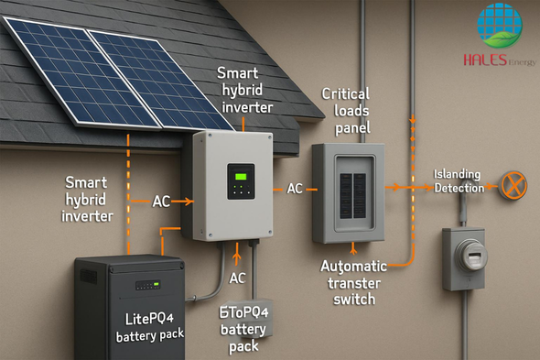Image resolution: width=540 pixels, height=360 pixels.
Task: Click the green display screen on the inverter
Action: pyautogui.click(x=241, y=177)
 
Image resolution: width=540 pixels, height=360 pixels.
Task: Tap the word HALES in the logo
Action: pyautogui.click(x=485, y=60)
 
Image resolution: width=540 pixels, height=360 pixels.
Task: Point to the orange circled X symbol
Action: pyautogui.click(x=513, y=185)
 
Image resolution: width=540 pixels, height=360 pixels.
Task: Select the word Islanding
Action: pyautogui.click(x=457, y=174)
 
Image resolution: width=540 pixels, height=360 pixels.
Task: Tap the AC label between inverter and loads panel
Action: pyautogui.click(x=295, y=189)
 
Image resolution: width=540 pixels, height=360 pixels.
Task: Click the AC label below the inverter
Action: pyautogui.click(x=237, y=278)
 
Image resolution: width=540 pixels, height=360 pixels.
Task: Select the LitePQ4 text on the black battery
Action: pyautogui.click(x=149, y=319)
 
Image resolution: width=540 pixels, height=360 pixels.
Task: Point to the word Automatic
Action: pyautogui.click(x=353, y=267)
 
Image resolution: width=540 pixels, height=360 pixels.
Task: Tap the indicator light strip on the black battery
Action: pyautogui.click(x=147, y=285)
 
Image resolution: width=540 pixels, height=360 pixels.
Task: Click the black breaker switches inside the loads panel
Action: pyautogui.click(x=353, y=196)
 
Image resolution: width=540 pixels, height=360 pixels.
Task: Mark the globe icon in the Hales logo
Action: pyautogui.click(x=499, y=26)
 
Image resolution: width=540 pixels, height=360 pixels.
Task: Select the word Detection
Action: pyautogui.click(x=459, y=189)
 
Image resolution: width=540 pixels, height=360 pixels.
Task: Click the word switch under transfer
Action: pyautogui.click(x=354, y=299)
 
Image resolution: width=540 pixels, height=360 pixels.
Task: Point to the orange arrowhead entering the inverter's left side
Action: pyautogui.click(x=189, y=202)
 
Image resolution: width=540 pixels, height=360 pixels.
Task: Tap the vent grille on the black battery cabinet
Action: pyautogui.click(x=89, y=277)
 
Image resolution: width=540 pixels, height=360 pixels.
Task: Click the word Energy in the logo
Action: pyautogui.click(x=522, y=62)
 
